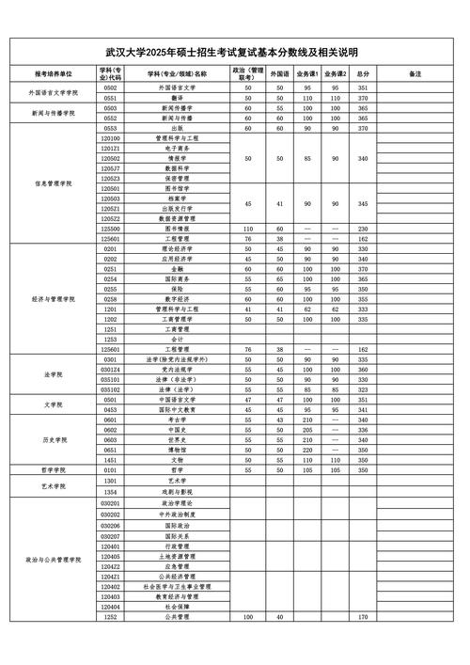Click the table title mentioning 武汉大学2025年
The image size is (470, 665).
[x=233, y=53]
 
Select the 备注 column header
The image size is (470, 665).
[x=415, y=72]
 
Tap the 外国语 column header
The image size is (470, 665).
[x=279, y=72]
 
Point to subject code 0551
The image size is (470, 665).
[x=110, y=97]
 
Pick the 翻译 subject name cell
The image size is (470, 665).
[x=177, y=97]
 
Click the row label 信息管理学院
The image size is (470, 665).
[x=53, y=182]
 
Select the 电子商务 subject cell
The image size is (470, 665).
[x=177, y=148]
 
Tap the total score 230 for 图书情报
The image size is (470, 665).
[x=363, y=229]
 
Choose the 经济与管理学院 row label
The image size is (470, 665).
[x=53, y=298]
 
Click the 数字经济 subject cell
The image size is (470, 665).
[x=177, y=298]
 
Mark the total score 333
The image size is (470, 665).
[x=363, y=309]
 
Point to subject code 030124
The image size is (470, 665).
[x=110, y=370]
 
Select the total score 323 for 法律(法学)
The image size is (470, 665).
[x=363, y=389]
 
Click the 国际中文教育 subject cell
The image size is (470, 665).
[x=177, y=409]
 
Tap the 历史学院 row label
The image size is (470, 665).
[x=53, y=439]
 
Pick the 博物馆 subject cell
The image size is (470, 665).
[x=177, y=450]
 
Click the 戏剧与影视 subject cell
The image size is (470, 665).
[x=177, y=491]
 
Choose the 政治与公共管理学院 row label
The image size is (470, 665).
[x=53, y=560]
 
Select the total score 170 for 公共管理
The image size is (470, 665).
[x=363, y=617]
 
